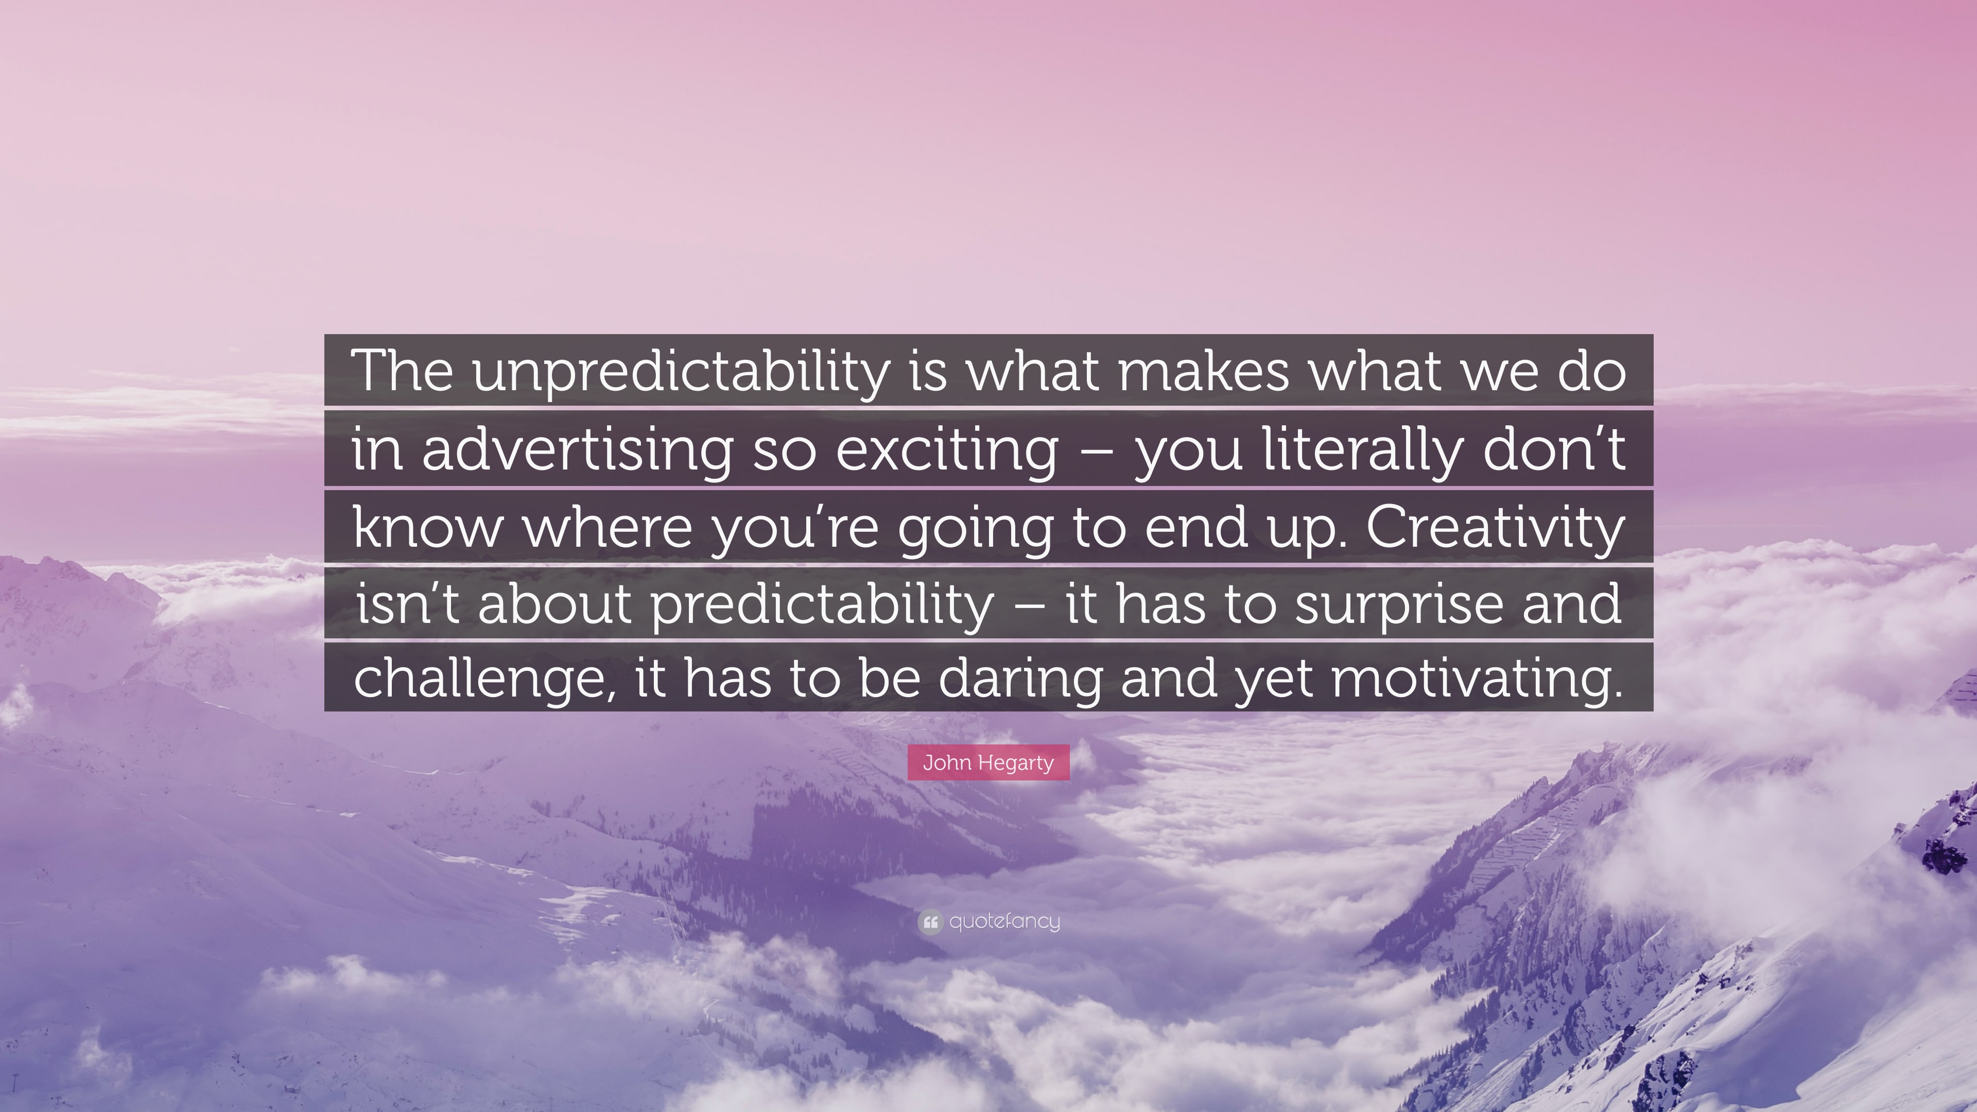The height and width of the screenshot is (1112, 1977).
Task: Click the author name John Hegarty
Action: [988, 763]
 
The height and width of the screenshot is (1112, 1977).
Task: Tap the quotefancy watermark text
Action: [1004, 921]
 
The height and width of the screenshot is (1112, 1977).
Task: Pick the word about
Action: [554, 604]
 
